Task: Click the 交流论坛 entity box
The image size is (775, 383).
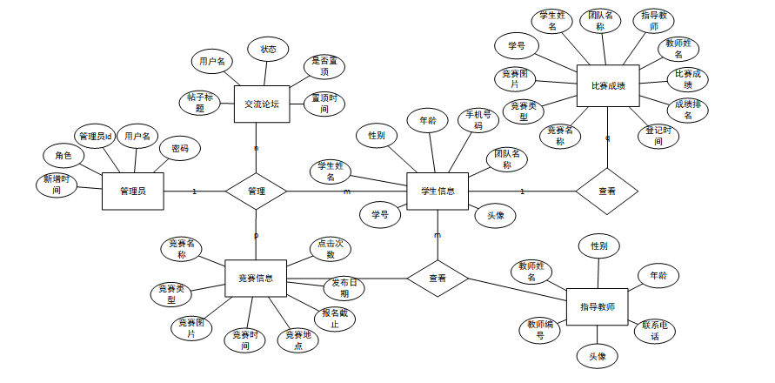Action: point(261,104)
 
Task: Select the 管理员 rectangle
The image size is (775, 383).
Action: point(133,191)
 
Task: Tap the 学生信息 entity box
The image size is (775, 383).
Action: point(438,191)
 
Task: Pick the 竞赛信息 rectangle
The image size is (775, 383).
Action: point(256,279)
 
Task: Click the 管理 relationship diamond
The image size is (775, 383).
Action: point(256,191)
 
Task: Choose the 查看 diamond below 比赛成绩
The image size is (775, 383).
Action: point(606,191)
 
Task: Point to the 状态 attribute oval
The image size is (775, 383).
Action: point(268,50)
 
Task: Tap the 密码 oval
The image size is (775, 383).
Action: point(179,149)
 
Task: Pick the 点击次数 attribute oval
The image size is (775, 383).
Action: point(331,249)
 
